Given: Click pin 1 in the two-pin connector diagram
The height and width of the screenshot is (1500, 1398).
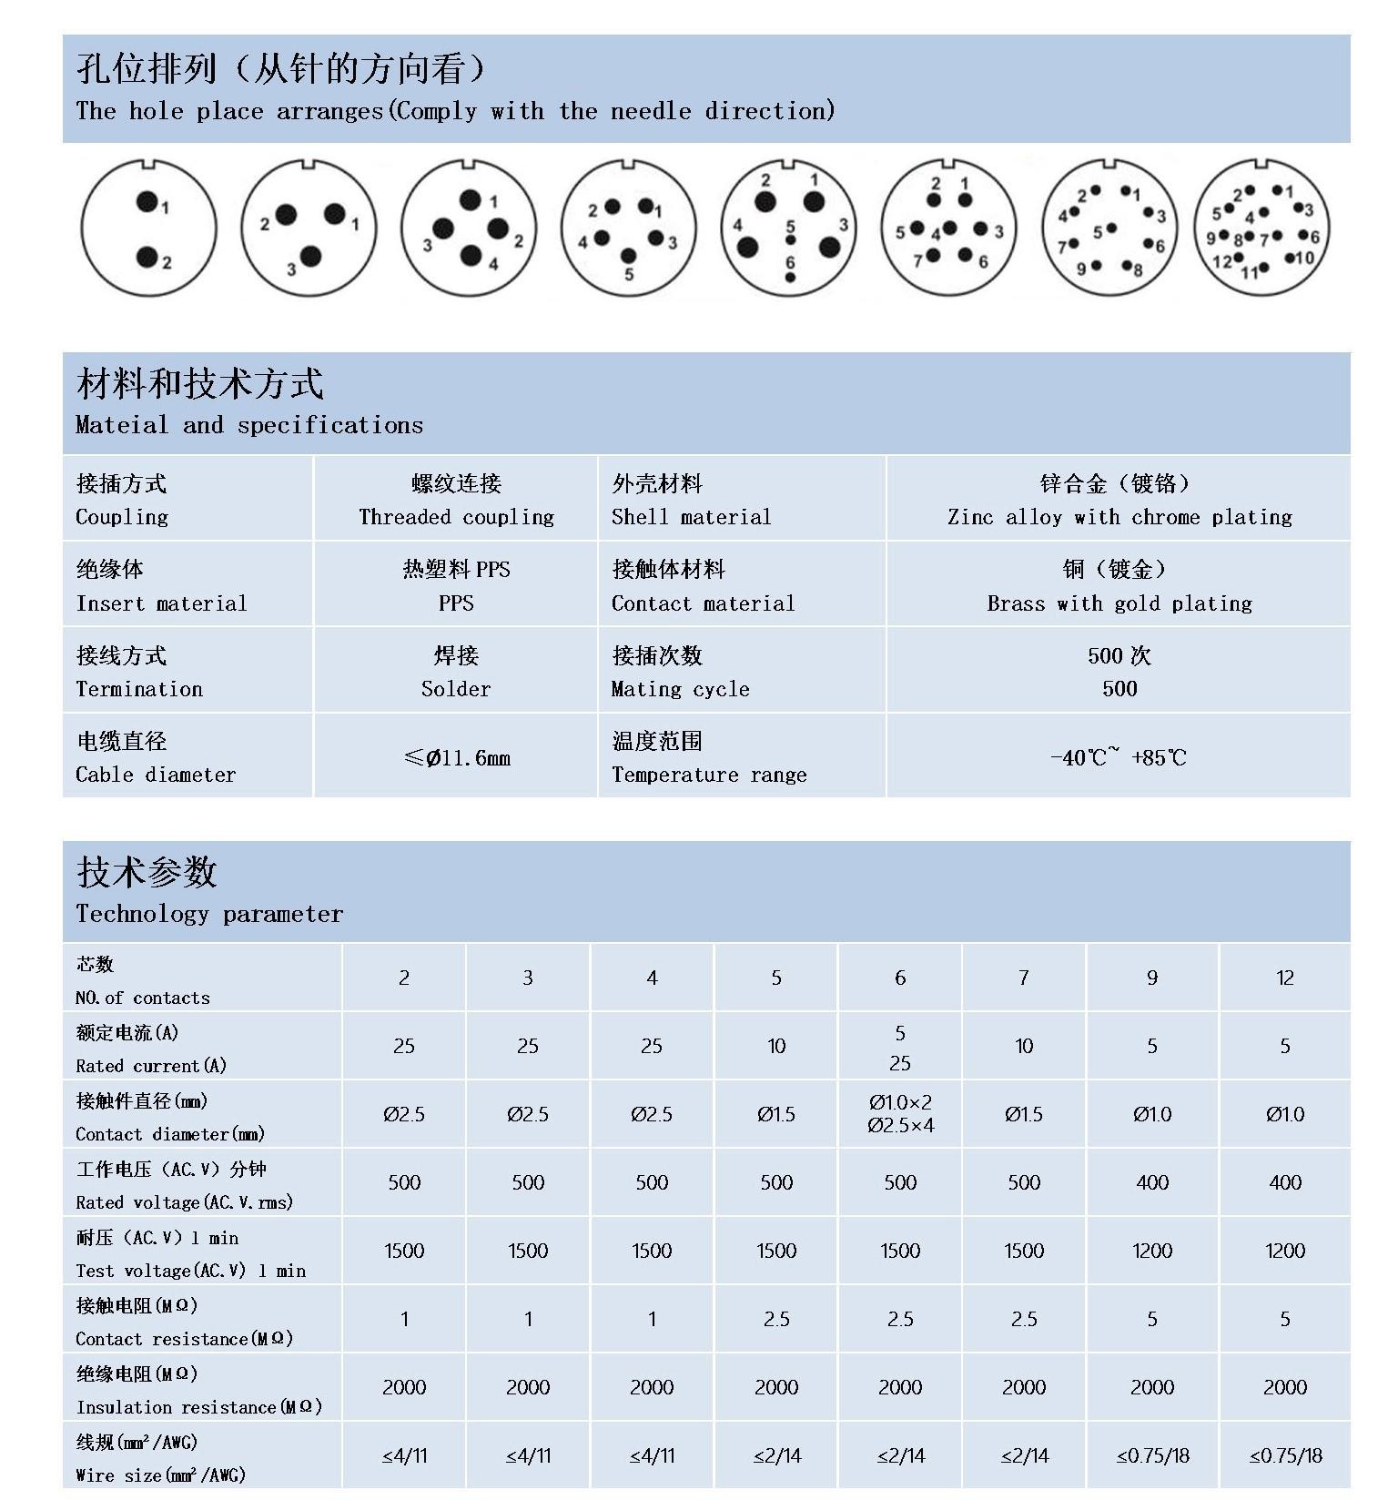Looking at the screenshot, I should (x=147, y=201).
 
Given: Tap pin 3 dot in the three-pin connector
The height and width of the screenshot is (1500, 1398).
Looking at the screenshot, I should (x=310, y=256).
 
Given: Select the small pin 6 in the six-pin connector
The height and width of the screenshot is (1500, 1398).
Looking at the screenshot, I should (x=789, y=277).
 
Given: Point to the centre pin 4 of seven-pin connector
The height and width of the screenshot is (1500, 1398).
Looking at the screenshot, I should (x=950, y=228).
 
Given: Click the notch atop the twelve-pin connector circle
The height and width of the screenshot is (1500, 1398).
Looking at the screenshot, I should (x=1262, y=165).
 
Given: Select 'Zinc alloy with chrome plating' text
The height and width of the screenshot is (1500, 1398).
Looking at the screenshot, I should (x=1119, y=517).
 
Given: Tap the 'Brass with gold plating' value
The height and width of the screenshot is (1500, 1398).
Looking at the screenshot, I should (x=1119, y=603).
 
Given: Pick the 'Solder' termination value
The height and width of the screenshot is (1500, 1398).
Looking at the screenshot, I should (x=455, y=689).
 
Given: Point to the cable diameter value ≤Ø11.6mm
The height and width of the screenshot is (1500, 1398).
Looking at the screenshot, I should (x=456, y=757).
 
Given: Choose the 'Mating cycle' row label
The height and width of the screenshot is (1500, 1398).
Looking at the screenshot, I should (x=680, y=689).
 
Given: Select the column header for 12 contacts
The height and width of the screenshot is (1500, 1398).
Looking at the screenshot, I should (x=1284, y=978).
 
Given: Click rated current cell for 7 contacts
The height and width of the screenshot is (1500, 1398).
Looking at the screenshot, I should (x=1024, y=1046).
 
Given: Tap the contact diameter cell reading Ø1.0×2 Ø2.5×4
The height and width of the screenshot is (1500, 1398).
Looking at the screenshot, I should (x=900, y=1114).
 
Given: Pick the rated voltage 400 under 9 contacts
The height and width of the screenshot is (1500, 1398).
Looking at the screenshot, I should (x=1151, y=1182).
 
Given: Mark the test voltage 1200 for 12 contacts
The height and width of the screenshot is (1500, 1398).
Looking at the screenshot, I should (x=1284, y=1251).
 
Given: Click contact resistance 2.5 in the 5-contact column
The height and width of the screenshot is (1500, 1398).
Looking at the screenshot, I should (x=775, y=1319).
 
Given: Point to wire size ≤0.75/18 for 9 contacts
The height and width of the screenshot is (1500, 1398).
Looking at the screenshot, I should (x=1152, y=1455).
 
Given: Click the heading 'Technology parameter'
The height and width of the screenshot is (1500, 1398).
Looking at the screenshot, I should (x=209, y=914).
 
